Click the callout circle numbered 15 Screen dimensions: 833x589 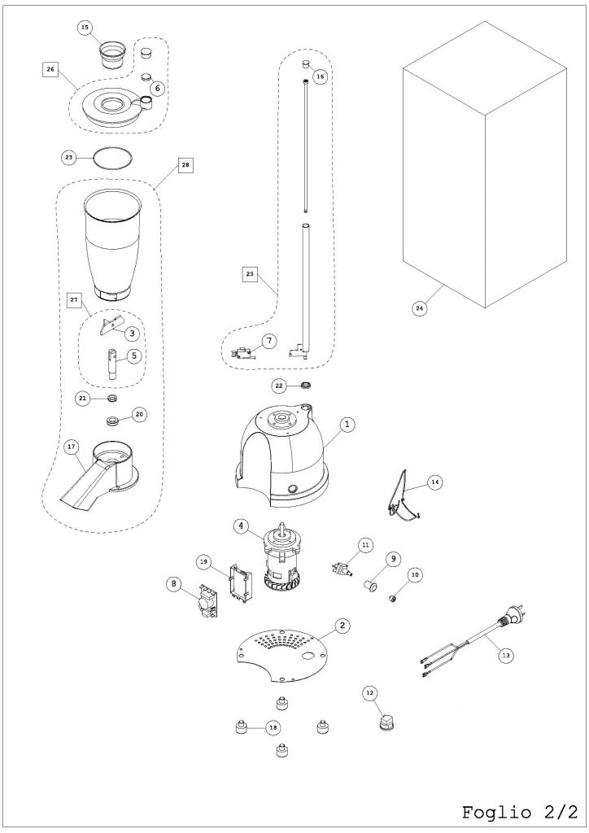click(x=85, y=28)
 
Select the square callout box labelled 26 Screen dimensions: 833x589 click(x=50, y=70)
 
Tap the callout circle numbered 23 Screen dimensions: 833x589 click(x=69, y=157)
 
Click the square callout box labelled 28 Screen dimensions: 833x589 click(x=185, y=165)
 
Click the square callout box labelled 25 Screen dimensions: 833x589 click(x=250, y=274)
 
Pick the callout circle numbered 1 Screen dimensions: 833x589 click(x=347, y=425)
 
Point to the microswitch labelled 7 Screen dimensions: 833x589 click(x=242, y=352)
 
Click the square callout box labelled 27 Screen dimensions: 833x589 click(x=73, y=300)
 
